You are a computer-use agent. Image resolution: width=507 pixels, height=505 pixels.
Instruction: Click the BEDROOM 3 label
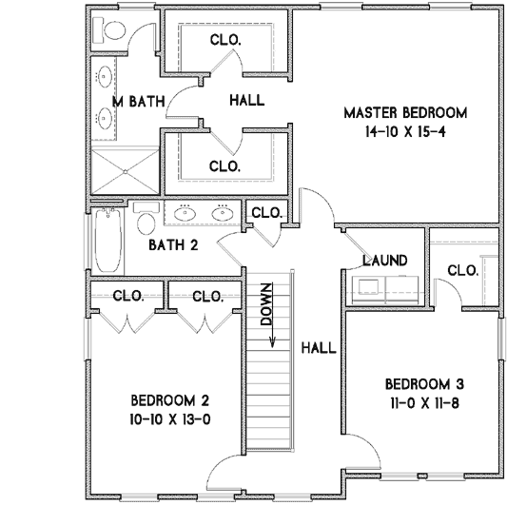pyautogui.click(x=424, y=384)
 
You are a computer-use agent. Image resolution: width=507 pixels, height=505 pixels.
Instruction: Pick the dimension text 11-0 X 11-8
pyautogui.click(x=424, y=402)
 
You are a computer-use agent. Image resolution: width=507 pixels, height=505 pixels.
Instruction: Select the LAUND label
pyautogui.click(x=384, y=261)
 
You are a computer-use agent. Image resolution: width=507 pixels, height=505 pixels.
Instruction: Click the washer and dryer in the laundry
pyautogui.click(x=385, y=287)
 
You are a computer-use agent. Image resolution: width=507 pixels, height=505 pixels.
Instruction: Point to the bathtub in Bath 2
pyautogui.click(x=108, y=242)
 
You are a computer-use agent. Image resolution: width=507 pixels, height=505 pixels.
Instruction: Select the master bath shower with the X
pyautogui.click(x=125, y=173)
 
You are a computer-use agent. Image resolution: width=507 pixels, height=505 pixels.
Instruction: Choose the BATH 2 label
pyautogui.click(x=173, y=245)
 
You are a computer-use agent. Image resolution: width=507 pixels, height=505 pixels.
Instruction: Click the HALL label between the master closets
pyautogui.click(x=247, y=100)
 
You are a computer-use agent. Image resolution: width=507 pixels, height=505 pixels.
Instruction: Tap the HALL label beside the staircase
pyautogui.click(x=318, y=348)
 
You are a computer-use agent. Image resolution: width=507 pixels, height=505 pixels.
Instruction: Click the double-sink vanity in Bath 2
pyautogui.click(x=203, y=212)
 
